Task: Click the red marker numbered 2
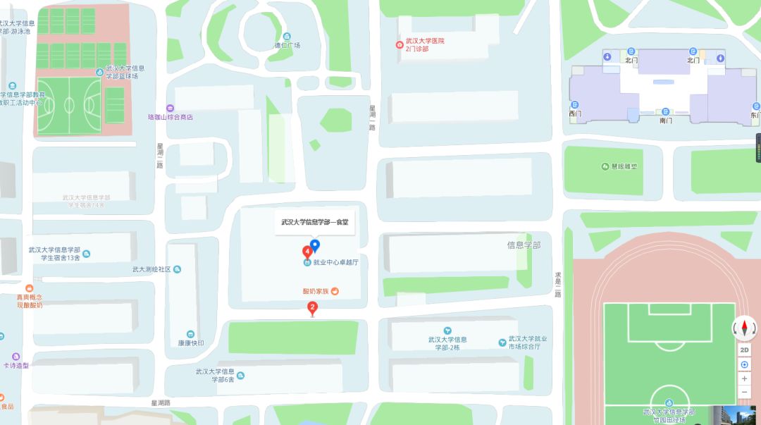coord(313,307)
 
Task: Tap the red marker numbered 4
coord(308,252)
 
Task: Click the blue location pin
coord(316,245)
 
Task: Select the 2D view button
coord(744,350)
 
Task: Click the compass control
coord(744,327)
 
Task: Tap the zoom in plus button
coord(744,378)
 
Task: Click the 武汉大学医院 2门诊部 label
coord(421,45)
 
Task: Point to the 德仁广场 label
coord(287,45)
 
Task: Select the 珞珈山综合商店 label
coord(171,117)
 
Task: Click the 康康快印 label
coord(191,343)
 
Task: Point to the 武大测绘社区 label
coord(151,269)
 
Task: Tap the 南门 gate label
coord(666,120)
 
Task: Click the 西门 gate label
coord(575,113)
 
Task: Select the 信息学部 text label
coord(524,245)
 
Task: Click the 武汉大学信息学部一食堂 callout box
coord(315,222)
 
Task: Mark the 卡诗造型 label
coord(16,365)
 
